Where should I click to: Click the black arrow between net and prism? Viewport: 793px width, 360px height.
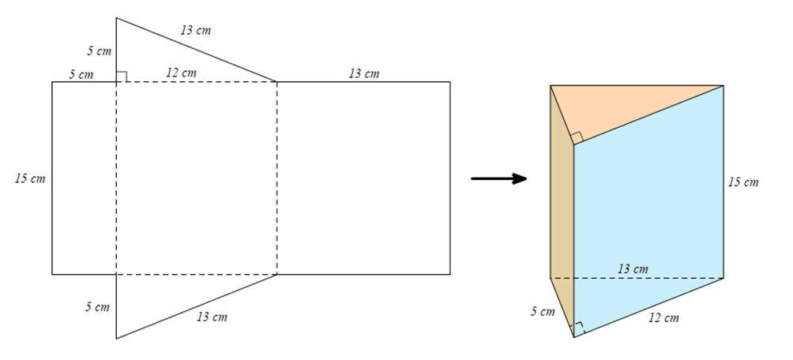point(499,178)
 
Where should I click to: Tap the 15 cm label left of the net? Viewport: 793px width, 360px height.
point(30,178)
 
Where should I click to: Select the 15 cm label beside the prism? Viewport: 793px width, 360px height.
point(743,182)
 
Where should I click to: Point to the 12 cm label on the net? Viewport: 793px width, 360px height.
point(181,73)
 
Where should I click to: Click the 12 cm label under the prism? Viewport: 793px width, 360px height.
point(663,318)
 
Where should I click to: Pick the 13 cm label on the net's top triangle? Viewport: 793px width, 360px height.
point(195,31)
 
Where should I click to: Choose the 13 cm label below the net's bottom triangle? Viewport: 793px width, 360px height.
point(212,317)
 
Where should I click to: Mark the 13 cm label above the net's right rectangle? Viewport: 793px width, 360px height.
point(363,73)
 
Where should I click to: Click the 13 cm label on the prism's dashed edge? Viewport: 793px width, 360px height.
point(632,269)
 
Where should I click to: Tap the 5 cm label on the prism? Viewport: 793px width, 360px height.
point(543,311)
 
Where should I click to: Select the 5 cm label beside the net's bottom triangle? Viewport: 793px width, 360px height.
point(97,307)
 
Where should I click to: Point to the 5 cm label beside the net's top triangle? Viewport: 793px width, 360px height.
point(99,51)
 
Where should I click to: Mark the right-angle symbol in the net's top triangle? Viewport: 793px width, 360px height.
point(122,76)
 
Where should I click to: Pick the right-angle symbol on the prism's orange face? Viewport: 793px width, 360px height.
point(577,138)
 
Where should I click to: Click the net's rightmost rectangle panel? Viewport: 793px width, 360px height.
point(363,178)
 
